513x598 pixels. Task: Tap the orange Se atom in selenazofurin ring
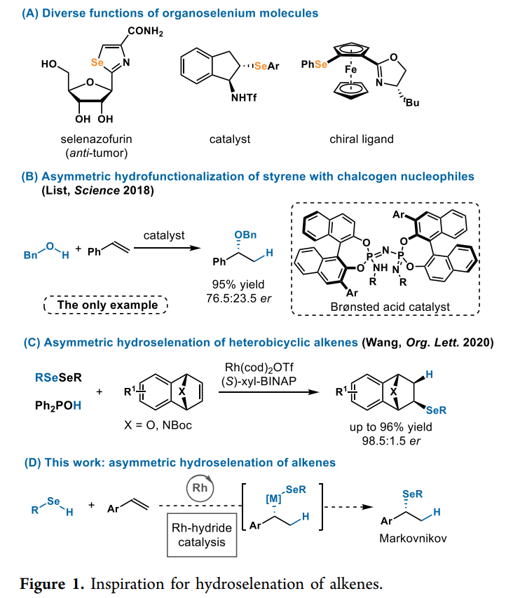pos(98,62)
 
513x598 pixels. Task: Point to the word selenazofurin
pos(95,139)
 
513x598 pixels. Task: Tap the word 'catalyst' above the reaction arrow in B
pos(165,235)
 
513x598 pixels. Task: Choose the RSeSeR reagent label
pos(58,378)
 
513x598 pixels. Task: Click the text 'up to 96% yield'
pos(396,427)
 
